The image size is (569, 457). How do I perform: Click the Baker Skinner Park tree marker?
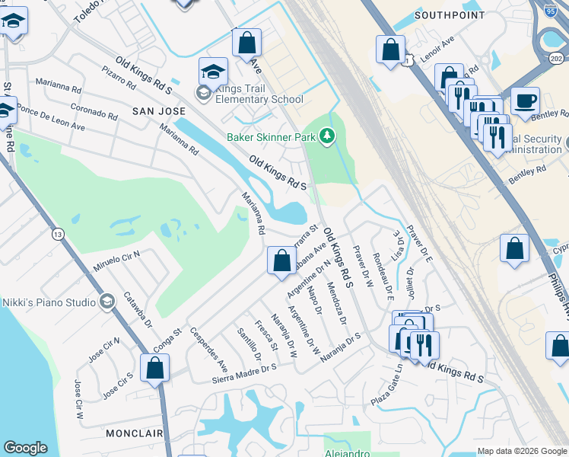click(327, 136)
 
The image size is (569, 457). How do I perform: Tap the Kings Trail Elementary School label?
click(259, 94)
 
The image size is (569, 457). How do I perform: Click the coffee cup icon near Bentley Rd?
click(525, 101)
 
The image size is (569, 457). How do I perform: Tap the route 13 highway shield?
click(58, 235)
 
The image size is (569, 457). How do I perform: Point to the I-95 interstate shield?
click(551, 9)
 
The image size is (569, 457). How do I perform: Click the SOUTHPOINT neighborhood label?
click(450, 15)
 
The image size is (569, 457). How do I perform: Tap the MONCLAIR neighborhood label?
click(134, 432)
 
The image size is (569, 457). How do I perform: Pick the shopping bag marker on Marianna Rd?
click(281, 260)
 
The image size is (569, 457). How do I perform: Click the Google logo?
click(25, 448)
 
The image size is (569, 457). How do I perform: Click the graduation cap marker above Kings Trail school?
click(213, 72)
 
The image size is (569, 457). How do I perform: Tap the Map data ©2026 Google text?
click(521, 451)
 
